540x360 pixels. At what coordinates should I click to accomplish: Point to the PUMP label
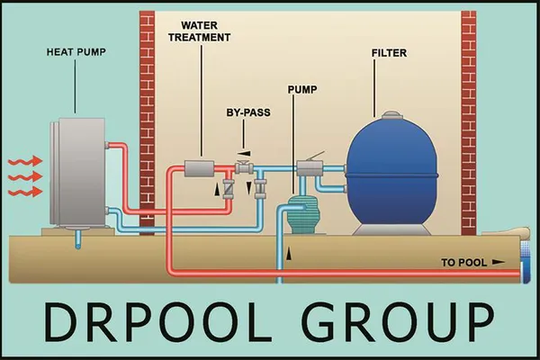[302, 90]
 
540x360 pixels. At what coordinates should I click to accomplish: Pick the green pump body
[303, 216]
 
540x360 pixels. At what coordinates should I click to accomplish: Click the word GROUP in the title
[401, 321]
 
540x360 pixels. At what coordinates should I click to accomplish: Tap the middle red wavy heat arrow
[22, 177]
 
